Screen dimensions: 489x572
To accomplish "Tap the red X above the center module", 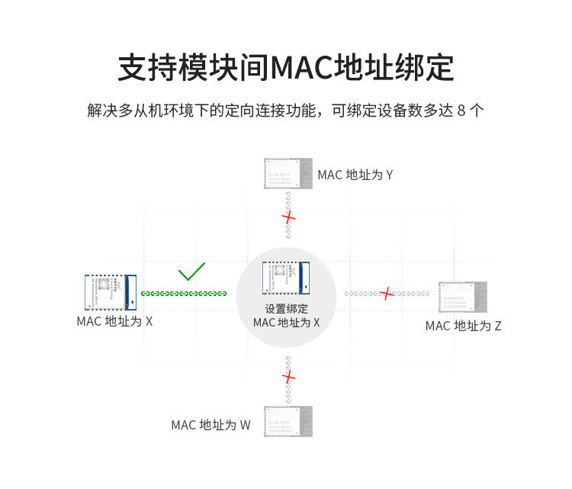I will pos(288,217).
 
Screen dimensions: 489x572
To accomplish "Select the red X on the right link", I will pos(387,293).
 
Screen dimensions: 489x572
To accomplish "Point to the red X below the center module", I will pos(288,376).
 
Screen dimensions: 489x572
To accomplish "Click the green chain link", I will pos(184,294).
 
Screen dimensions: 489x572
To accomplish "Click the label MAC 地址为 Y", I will pos(355,175).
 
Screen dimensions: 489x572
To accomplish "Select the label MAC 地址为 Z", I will pos(463,326).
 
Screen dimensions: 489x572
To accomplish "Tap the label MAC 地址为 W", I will pos(210,425).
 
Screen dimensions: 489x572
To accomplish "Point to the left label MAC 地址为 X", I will pos(114,321).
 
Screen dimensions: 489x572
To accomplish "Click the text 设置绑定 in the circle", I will pos(286,309).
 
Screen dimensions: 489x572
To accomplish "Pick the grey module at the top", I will pos(288,174).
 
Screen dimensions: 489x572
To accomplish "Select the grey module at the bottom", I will pos(288,421).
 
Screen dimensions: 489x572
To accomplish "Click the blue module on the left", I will pos(110,291).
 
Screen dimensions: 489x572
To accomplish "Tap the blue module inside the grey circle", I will pos(287,278).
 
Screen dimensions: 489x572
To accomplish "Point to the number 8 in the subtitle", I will pos(461,111).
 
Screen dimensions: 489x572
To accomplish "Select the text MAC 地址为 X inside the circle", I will pos(286,323).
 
